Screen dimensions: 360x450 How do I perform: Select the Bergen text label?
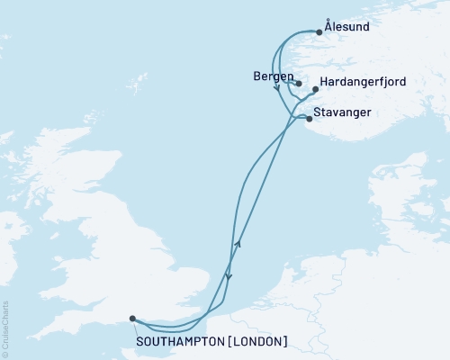(x=273, y=76)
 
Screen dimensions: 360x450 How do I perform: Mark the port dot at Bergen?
(x=298, y=84)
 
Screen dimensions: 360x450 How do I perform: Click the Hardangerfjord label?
(x=363, y=82)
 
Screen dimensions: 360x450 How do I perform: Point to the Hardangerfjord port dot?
(x=315, y=90)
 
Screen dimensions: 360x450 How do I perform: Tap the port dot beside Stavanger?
(x=309, y=118)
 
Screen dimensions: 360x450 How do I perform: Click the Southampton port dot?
(x=132, y=318)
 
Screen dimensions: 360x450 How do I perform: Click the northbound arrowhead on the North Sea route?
(x=238, y=243)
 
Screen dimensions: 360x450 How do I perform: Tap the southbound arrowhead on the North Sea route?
(x=229, y=277)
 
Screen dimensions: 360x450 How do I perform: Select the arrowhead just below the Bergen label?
(x=277, y=88)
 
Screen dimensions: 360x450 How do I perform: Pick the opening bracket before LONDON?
(x=234, y=342)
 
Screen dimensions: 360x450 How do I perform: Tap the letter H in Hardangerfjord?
(x=324, y=82)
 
